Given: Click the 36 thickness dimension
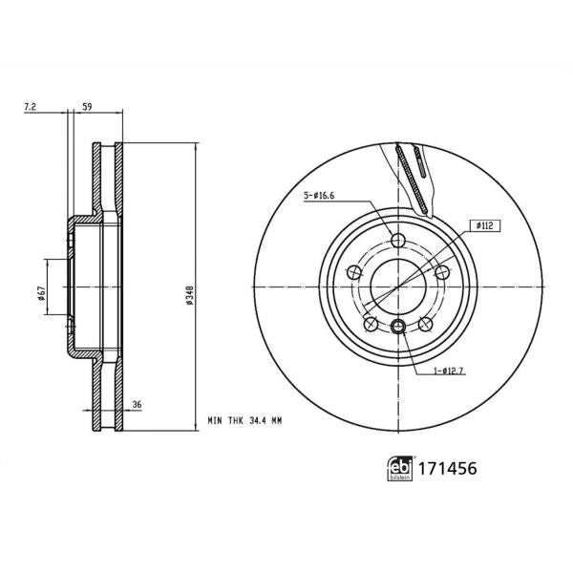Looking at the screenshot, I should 137,405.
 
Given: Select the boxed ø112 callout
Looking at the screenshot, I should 481,225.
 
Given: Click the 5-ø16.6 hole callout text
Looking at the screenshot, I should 322,198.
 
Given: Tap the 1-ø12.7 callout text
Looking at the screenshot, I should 450,371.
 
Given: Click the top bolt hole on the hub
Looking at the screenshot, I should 399,242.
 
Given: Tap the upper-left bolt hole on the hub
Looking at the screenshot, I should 356,271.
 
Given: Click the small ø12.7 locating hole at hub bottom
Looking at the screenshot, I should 399,329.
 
